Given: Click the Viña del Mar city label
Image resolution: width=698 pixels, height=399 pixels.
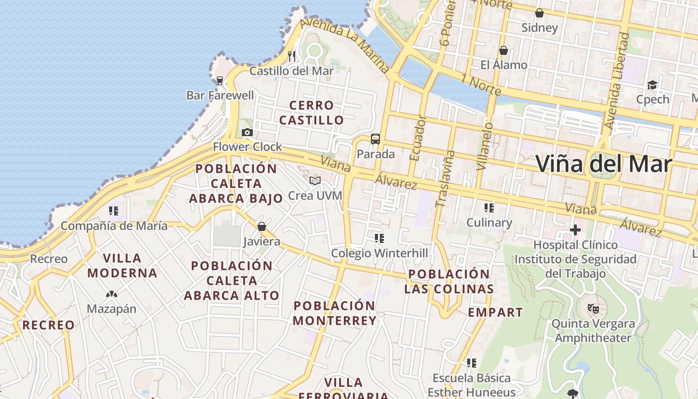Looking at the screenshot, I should pos(604,164).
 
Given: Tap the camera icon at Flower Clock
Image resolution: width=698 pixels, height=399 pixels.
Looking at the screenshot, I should pos(247,133).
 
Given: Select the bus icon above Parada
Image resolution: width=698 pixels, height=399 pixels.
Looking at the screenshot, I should pos(375,139).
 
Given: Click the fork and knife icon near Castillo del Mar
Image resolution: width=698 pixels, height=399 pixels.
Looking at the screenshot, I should pos(292,55).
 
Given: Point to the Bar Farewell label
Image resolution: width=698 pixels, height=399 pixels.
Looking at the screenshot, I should pos(220,95).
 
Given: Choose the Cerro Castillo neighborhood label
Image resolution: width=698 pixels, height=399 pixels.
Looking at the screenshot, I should pos(311,113).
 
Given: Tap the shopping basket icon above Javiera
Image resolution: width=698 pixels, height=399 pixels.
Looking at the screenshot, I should pos(262,227).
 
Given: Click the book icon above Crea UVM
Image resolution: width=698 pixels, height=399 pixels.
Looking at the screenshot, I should pos(315,181).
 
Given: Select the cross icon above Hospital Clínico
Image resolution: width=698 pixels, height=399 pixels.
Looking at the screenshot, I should pos(575,230).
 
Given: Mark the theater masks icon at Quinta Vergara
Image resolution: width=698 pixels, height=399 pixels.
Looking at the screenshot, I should pos(593,309).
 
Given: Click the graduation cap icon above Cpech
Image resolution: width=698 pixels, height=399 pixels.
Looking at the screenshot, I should pos(652,85).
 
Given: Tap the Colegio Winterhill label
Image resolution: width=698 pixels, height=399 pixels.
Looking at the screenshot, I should pos(379,253).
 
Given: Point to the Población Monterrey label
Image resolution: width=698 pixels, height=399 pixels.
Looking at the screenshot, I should pos(335,313).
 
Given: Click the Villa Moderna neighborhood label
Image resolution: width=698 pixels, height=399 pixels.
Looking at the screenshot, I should pos(122,265).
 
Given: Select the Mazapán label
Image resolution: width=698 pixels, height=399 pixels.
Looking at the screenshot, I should pos(111,309).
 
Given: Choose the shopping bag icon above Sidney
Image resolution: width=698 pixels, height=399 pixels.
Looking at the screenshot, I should pos(539,13).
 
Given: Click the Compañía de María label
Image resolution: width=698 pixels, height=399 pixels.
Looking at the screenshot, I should pos(114,226).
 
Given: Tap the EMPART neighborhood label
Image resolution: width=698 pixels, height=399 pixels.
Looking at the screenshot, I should pos(495,313).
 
